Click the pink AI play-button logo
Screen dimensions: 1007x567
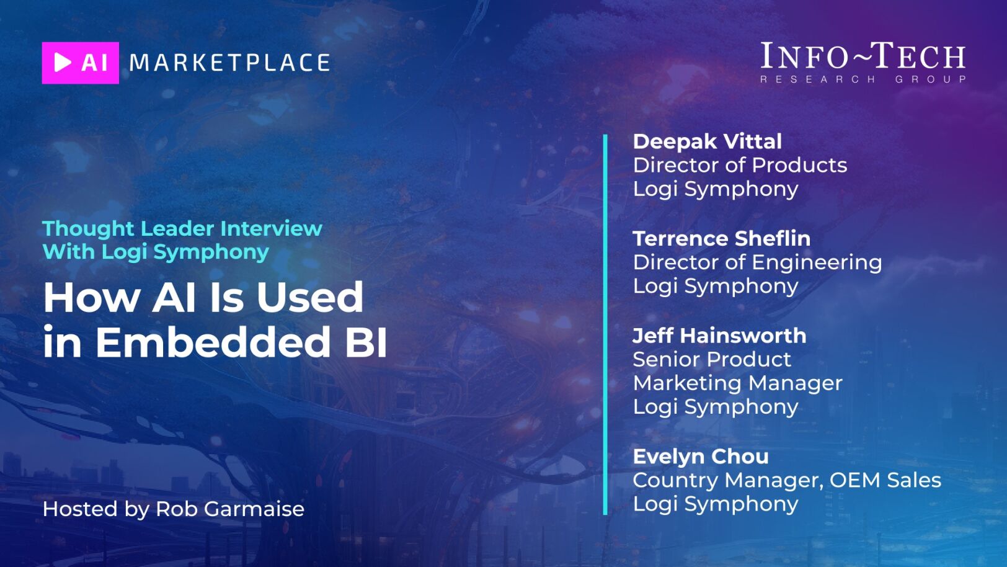[x=81, y=63]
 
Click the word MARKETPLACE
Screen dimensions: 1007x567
[x=229, y=63]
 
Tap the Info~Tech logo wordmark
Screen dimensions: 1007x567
[x=863, y=56]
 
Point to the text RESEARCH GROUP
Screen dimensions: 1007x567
[x=863, y=79]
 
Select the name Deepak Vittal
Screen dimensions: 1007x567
[x=707, y=141]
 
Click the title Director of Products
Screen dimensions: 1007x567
[x=740, y=166]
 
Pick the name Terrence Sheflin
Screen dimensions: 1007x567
[x=722, y=239]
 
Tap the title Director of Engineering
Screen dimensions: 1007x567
[x=758, y=262]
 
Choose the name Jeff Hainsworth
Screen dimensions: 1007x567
[x=719, y=336]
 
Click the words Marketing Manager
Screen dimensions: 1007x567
[x=738, y=383]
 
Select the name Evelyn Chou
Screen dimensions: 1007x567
[x=701, y=457]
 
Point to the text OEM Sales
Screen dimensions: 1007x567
[x=885, y=480]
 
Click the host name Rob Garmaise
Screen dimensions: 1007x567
[x=229, y=509]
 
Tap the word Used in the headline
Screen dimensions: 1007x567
[x=310, y=297]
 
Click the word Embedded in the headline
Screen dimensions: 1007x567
[x=213, y=342]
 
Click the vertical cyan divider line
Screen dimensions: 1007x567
[x=605, y=324]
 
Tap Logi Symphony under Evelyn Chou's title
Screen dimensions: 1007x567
[x=715, y=504]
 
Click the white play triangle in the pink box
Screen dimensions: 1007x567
[x=63, y=62]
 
